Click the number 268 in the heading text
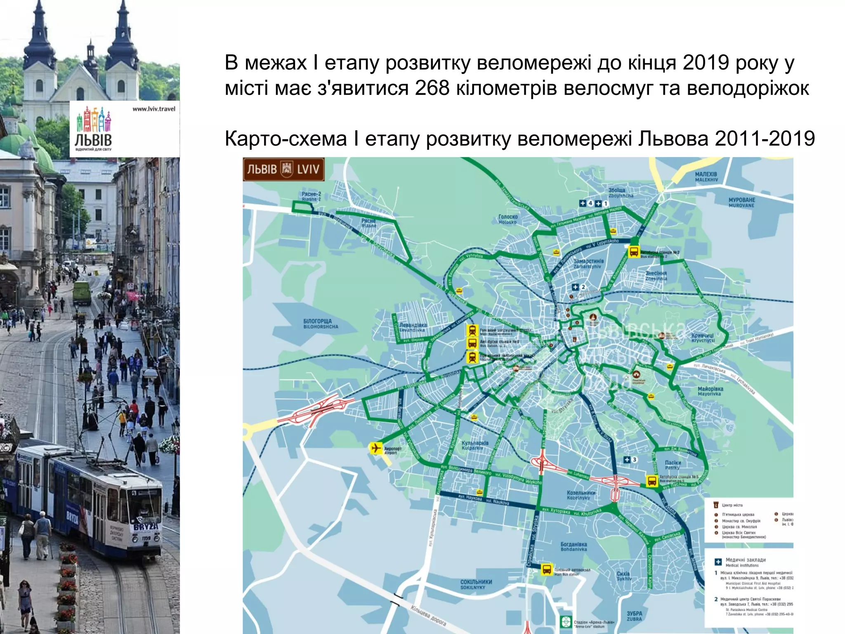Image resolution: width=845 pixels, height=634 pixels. pyautogui.click(x=432, y=88)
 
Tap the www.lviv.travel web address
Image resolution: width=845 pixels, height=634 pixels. pyautogui.click(x=153, y=109)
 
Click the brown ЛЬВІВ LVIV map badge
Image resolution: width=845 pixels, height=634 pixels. pyautogui.click(x=283, y=169)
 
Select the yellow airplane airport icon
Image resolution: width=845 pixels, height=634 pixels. pyautogui.click(x=375, y=448)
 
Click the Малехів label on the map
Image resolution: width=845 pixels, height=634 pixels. pyautogui.click(x=706, y=177)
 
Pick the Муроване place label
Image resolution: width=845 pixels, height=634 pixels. pyautogui.click(x=741, y=202)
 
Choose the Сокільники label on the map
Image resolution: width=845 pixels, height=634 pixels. pyautogui.click(x=476, y=584)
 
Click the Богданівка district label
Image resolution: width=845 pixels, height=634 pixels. pyautogui.click(x=574, y=546)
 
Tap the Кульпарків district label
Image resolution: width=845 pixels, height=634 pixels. pyautogui.click(x=475, y=445)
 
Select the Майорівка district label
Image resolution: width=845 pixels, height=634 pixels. pyautogui.click(x=710, y=391)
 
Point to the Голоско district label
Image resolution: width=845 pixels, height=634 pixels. pyautogui.click(x=507, y=219)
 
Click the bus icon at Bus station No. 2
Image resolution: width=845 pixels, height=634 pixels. pyautogui.click(x=633, y=251)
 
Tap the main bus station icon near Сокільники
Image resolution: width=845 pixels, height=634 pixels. pyautogui.click(x=547, y=570)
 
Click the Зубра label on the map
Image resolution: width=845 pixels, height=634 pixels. pyautogui.click(x=634, y=616)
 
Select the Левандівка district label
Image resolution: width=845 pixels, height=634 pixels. pyautogui.click(x=413, y=327)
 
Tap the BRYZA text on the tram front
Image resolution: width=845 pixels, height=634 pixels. pyautogui.click(x=146, y=527)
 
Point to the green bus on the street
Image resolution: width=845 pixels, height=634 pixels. pyautogui.click(x=82, y=293)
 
